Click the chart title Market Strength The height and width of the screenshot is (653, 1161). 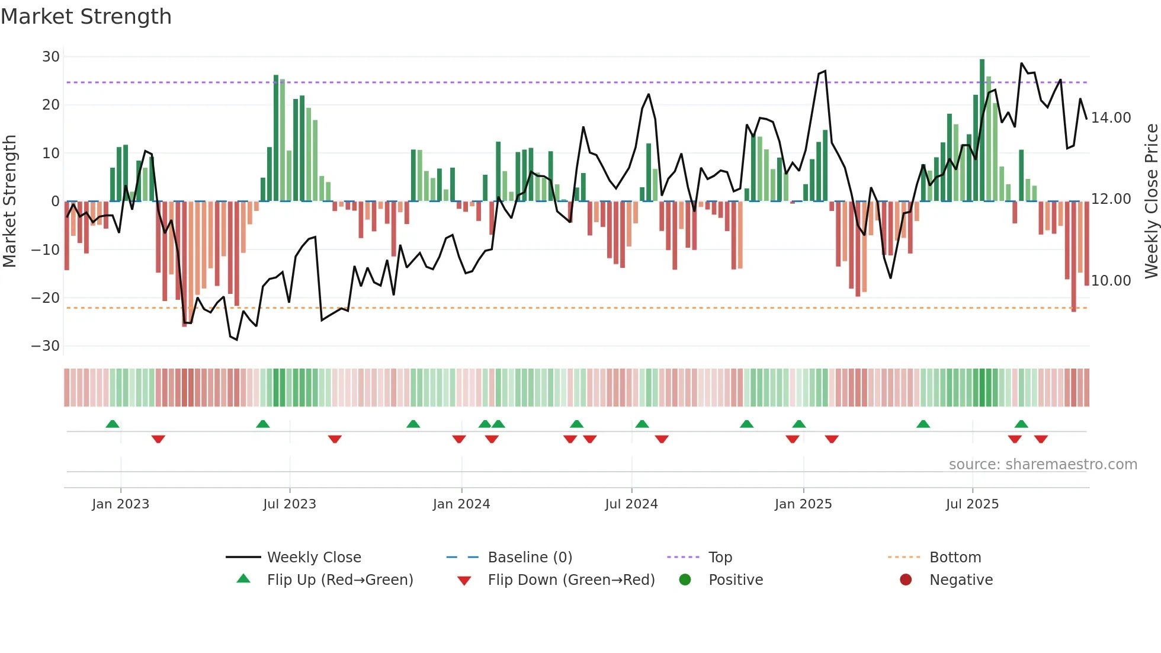click(x=86, y=17)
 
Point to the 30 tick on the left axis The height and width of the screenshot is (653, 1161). click(x=51, y=57)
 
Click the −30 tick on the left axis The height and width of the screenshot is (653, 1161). click(x=46, y=346)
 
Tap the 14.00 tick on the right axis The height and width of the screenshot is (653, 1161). click(x=1111, y=118)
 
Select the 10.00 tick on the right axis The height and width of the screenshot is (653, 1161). click(x=1111, y=281)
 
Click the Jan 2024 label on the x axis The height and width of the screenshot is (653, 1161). click(x=461, y=504)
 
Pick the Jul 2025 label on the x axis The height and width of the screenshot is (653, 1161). click(x=972, y=504)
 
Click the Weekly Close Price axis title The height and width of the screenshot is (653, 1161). click(x=1151, y=201)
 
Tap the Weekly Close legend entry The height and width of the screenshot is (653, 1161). click(x=313, y=558)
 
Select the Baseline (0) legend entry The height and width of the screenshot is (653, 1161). click(x=530, y=558)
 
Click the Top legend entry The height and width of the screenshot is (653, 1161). click(x=720, y=558)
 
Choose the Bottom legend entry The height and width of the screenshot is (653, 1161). click(x=955, y=558)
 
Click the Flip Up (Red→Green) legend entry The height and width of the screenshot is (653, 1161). click(x=339, y=580)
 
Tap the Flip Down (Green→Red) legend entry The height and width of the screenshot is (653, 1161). click(x=571, y=580)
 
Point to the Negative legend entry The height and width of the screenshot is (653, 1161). click(x=960, y=580)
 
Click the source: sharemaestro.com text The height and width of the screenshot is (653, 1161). click(x=1043, y=465)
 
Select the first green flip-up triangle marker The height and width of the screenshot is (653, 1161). click(x=113, y=424)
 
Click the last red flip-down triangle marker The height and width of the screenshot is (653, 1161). click(x=1041, y=439)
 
